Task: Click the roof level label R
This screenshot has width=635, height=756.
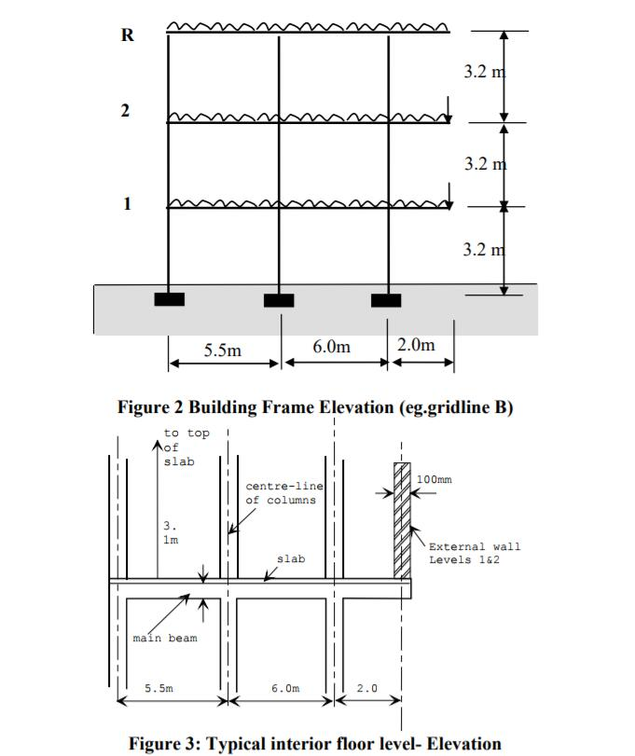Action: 127,35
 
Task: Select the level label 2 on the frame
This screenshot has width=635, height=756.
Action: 125,111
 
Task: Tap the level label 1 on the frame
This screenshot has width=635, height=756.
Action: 126,204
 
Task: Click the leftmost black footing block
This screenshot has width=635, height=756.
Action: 169,299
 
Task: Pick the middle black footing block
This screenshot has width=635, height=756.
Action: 279,300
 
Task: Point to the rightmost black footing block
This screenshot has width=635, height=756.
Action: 386,300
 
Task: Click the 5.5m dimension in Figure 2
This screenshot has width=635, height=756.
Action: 222,351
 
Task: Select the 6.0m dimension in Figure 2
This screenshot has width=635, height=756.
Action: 331,347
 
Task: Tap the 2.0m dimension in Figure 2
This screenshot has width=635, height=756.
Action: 416,345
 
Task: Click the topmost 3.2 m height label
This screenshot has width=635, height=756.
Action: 483,71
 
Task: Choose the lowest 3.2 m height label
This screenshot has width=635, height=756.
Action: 483,249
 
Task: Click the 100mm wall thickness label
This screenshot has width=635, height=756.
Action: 434,479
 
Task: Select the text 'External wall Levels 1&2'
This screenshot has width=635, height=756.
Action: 475,553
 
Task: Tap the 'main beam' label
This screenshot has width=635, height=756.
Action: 165,639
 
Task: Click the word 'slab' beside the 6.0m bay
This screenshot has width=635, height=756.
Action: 290,559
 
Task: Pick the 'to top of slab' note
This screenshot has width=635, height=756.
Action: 186,447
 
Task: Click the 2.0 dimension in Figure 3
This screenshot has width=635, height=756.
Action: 367,688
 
